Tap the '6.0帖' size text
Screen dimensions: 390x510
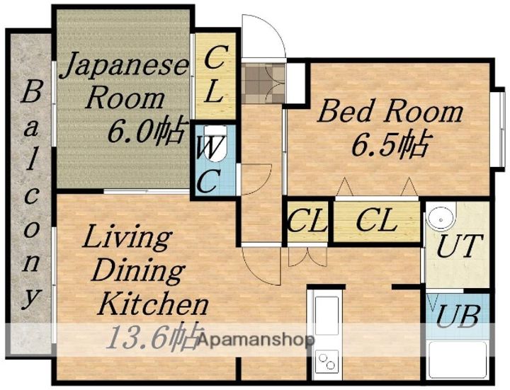point(147,130)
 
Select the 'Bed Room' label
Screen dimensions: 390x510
point(389,112)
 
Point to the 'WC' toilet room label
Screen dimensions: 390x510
point(210,166)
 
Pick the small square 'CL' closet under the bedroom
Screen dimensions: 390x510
point(307,222)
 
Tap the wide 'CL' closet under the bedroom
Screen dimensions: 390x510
point(375,222)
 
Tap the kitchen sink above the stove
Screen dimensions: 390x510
point(326,315)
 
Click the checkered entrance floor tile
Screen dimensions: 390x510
point(261,84)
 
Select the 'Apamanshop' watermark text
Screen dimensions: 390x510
point(255,340)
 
